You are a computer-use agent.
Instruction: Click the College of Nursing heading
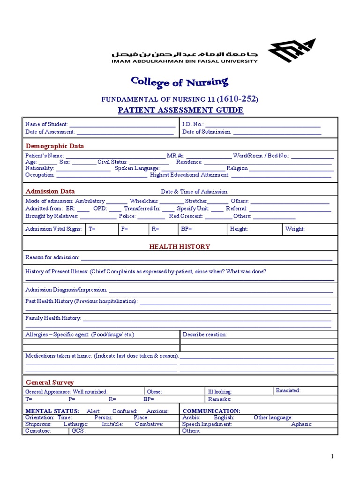(x=180, y=82)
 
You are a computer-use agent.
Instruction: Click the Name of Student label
(x=46, y=124)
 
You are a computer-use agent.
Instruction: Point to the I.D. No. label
(x=193, y=124)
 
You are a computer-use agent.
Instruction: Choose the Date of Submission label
(x=207, y=132)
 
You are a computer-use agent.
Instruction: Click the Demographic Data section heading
(x=55, y=146)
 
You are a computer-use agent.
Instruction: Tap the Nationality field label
(x=40, y=168)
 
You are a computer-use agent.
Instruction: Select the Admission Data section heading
(x=50, y=191)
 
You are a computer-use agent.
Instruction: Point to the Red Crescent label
(x=186, y=216)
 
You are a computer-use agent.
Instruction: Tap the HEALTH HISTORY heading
(x=180, y=247)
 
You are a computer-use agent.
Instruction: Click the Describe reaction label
(x=204, y=335)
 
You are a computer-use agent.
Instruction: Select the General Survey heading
(x=50, y=382)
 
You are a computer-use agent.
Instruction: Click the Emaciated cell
(x=288, y=390)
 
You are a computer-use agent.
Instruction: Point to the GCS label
(x=78, y=430)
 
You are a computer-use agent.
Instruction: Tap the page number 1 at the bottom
(x=332, y=457)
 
